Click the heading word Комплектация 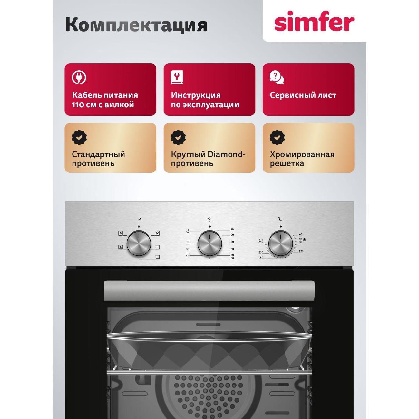[x=136, y=25]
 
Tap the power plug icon [x=79, y=77]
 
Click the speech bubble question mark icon [x=277, y=77]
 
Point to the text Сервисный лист [x=303, y=95]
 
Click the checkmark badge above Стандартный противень [x=79, y=137]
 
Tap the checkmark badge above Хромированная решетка [x=277, y=137]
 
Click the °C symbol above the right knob [x=280, y=219]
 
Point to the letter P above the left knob [x=139, y=219]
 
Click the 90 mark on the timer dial [x=187, y=242]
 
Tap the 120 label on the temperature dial [x=301, y=251]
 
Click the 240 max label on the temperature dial [x=261, y=242]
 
